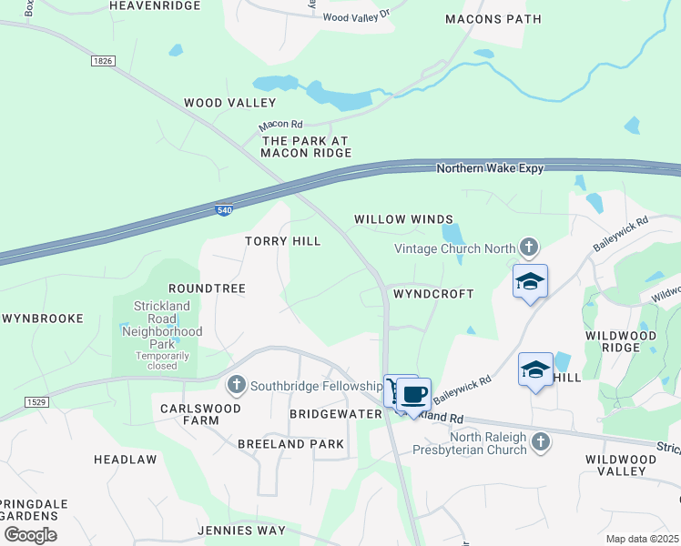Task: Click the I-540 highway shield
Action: pos(223,210)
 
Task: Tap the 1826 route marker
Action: pos(103,61)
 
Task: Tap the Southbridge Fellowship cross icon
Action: pos(237,384)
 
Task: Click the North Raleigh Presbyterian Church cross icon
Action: pos(541,442)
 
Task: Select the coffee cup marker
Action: pos(413,395)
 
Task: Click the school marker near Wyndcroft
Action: pos(530,282)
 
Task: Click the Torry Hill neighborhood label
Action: pos(282,241)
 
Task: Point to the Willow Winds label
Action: pos(403,219)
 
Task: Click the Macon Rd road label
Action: pos(280,125)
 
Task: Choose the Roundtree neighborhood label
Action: pos(207,288)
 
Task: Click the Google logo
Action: pos(30,534)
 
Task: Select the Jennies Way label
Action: pos(241,530)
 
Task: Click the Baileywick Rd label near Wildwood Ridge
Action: pos(620,234)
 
